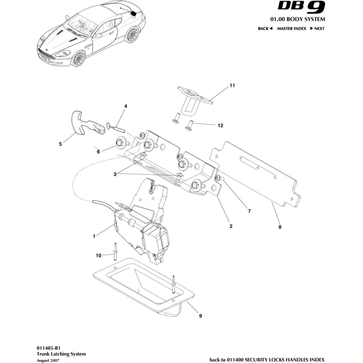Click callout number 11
pyautogui.click(x=232, y=86)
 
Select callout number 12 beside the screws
pyautogui.click(x=220, y=125)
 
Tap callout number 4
pyautogui.click(x=126, y=106)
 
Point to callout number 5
pyautogui.click(x=60, y=145)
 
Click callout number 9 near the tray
pyautogui.click(x=201, y=316)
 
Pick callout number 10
pyautogui.click(x=98, y=255)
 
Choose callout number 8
pyautogui.click(x=280, y=227)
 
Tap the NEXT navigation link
pyautogui.click(x=317, y=29)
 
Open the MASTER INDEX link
pyautogui.click(x=291, y=29)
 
